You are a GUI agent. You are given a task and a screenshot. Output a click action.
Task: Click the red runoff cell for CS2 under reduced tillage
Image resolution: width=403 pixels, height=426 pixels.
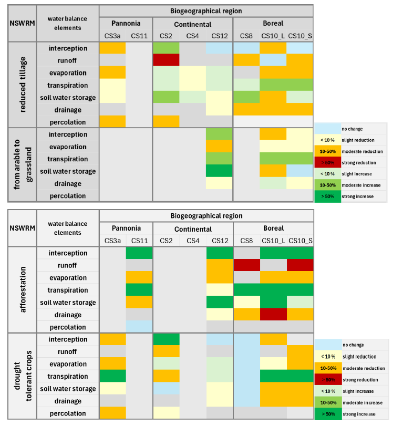(x=166, y=60)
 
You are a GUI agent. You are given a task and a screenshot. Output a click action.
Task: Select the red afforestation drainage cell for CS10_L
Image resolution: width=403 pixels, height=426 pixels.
(x=273, y=315)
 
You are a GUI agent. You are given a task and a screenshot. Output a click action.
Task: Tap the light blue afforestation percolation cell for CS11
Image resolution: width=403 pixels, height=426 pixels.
(x=139, y=327)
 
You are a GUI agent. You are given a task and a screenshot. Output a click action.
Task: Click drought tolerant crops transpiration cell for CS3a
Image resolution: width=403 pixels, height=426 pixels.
(x=112, y=376)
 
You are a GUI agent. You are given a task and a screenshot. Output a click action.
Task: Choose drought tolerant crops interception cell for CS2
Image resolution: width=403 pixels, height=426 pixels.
(x=166, y=339)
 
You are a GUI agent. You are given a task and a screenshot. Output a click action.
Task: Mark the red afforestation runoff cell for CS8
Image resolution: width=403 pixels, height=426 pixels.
(x=246, y=265)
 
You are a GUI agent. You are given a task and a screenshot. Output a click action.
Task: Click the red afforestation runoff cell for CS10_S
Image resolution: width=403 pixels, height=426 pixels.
(x=300, y=265)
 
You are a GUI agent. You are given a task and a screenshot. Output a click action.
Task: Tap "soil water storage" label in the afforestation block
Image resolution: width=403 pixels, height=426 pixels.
(x=68, y=303)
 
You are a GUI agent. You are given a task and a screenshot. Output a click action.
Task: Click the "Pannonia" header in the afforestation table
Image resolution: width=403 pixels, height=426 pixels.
(x=126, y=228)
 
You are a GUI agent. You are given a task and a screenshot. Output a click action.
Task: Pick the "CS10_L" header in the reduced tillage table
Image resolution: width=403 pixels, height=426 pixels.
(x=273, y=36)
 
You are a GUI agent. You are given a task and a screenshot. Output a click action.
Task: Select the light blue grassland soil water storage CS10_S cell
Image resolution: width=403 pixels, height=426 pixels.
(x=300, y=171)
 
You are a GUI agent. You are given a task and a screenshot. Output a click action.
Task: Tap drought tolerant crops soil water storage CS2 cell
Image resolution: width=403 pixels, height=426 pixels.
(x=166, y=389)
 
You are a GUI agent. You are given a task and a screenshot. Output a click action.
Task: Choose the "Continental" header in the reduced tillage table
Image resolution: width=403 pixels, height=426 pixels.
(x=193, y=24)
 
